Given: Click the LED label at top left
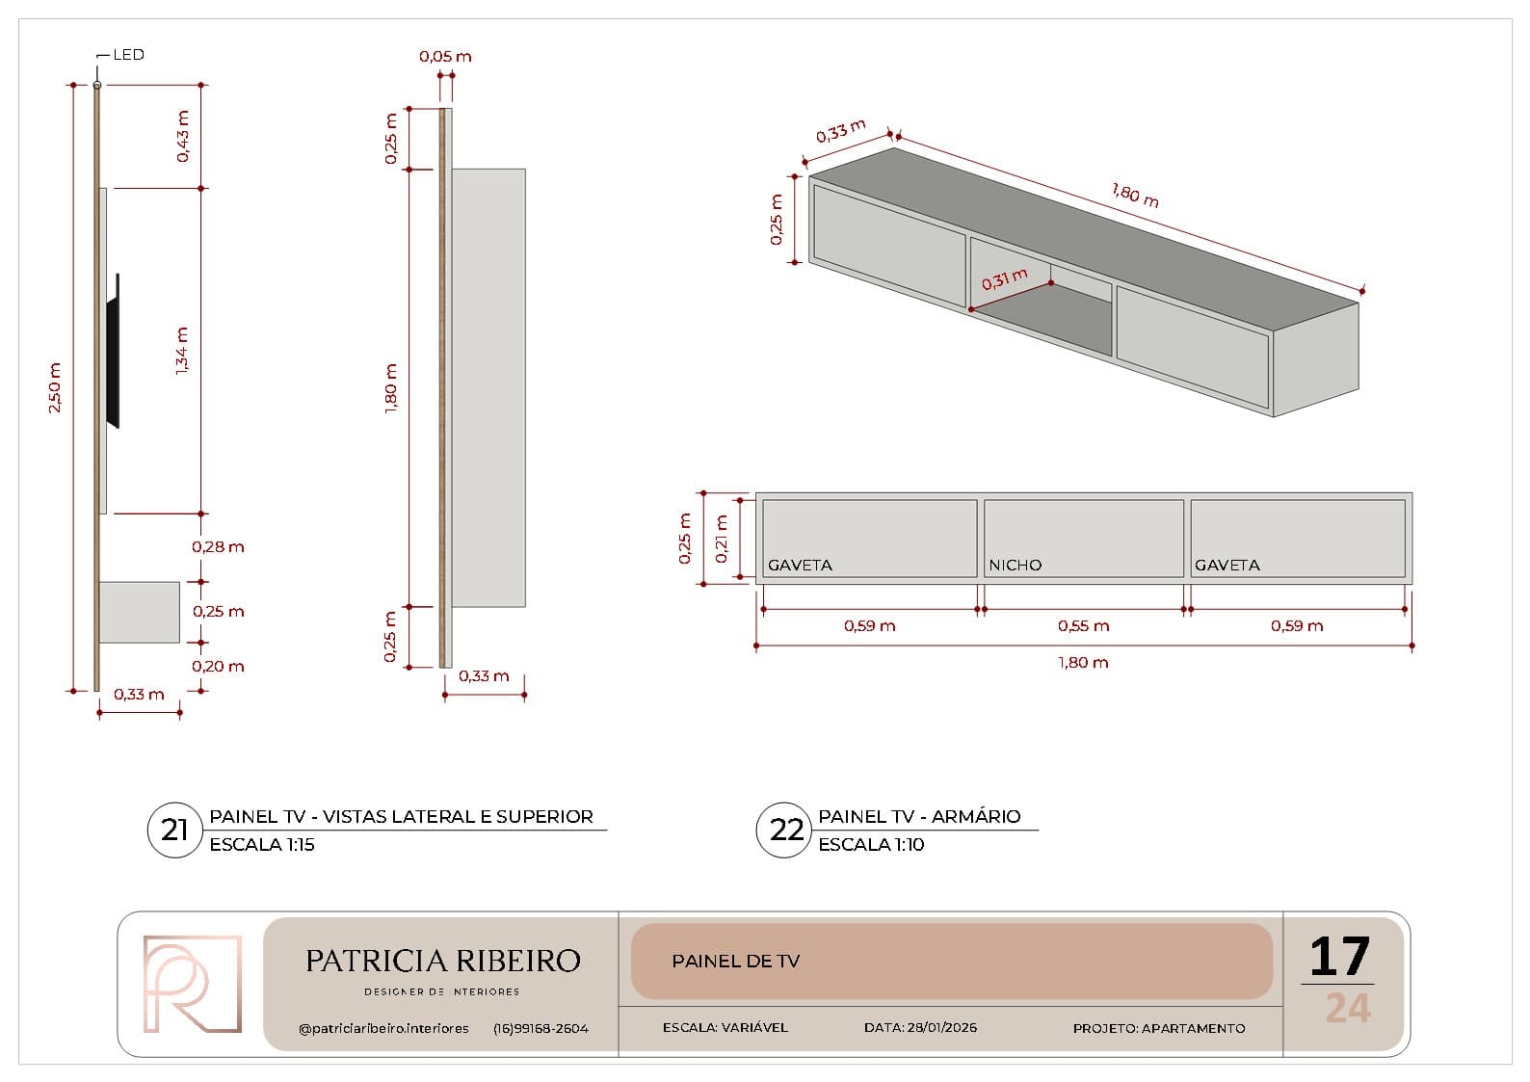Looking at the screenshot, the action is (128, 55).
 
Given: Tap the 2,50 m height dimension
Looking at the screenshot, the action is (55, 387).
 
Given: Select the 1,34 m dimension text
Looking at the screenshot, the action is (182, 351).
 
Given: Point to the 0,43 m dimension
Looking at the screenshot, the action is (183, 136).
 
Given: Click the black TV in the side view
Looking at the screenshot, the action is (114, 351).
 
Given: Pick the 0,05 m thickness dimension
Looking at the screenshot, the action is (445, 56).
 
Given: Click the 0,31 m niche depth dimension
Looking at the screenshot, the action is (1004, 278).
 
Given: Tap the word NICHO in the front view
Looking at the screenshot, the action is (1015, 565).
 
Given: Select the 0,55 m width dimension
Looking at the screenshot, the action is (1083, 625).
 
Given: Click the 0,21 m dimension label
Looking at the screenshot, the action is (722, 539).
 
